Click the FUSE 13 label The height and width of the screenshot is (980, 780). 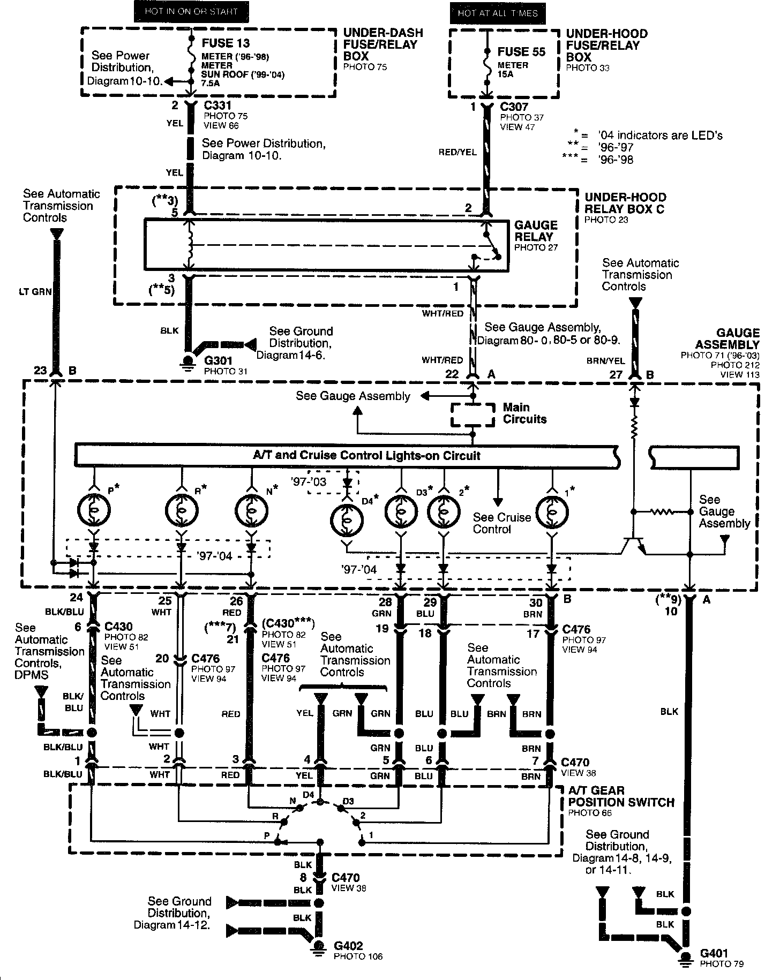[226, 43]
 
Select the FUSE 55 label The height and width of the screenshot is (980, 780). [521, 52]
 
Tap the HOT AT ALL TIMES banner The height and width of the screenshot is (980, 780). [498, 13]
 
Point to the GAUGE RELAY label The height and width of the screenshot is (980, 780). [535, 231]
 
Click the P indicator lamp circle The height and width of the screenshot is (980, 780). [94, 511]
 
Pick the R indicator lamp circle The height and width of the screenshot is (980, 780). [182, 511]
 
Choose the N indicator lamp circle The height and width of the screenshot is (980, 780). [251, 511]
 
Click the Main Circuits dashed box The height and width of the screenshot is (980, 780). [472, 415]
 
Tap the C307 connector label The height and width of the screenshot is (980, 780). [514, 107]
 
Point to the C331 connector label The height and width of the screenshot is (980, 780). [217, 105]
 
